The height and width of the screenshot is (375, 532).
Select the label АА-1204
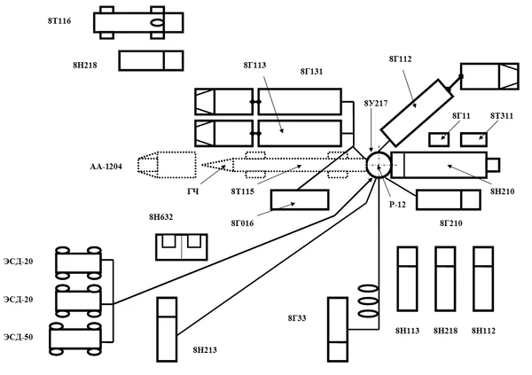click(106, 166)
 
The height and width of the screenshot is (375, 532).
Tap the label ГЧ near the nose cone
click(192, 191)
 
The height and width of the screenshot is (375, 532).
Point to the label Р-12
click(396, 204)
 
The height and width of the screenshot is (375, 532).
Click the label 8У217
click(376, 104)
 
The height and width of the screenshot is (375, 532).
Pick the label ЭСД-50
click(19, 337)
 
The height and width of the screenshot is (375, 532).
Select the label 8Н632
click(160, 216)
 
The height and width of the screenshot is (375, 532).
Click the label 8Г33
click(297, 316)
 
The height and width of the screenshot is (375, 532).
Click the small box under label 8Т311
click(472, 139)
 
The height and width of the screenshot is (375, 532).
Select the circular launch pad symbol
click(377, 165)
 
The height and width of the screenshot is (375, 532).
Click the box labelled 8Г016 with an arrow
click(300, 199)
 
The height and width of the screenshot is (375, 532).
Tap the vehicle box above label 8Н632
click(180, 246)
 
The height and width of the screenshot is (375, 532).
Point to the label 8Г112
click(400, 59)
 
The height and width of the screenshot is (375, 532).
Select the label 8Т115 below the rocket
click(243, 191)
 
